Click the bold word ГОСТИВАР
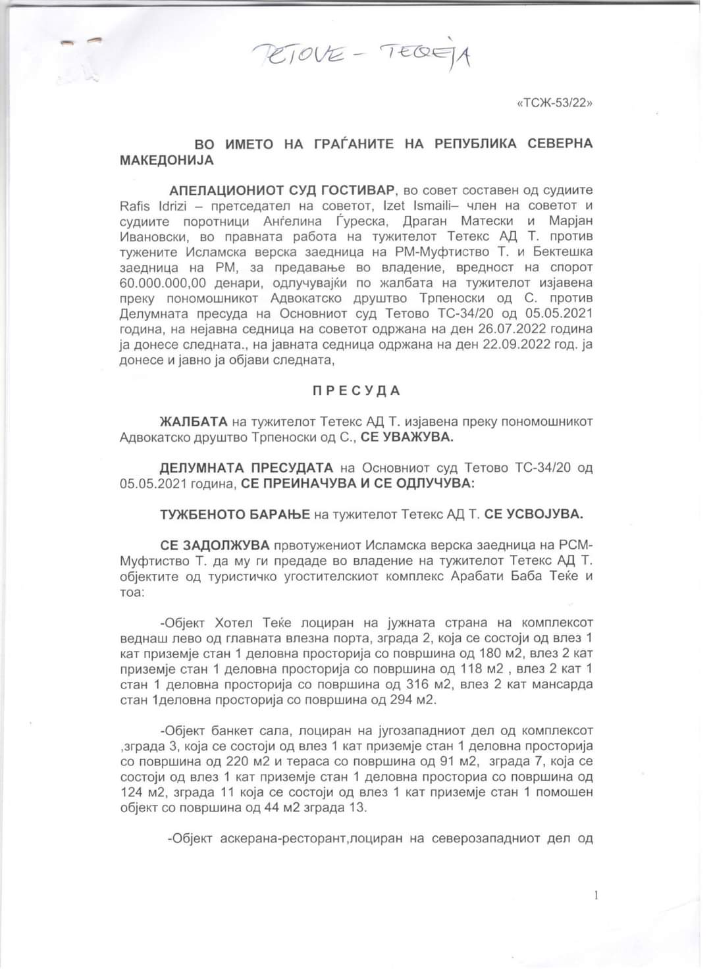click(x=358, y=190)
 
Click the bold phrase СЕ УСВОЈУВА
click(x=533, y=514)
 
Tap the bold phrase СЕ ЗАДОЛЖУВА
click(x=215, y=546)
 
